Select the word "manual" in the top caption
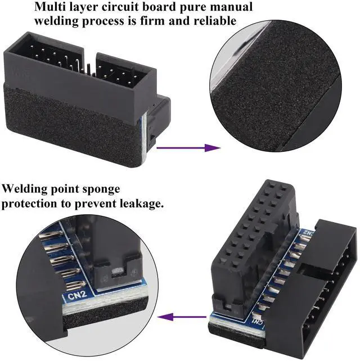click(231, 7)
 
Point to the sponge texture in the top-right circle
click(276, 79)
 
